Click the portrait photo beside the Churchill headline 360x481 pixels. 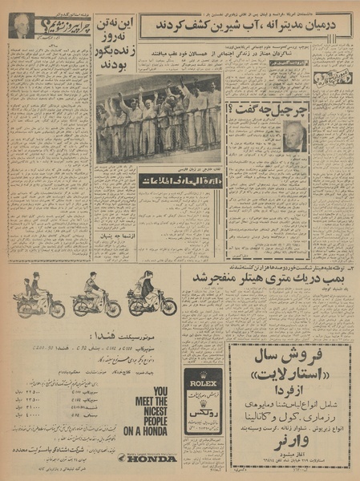294,135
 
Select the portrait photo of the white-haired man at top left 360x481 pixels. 21,26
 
